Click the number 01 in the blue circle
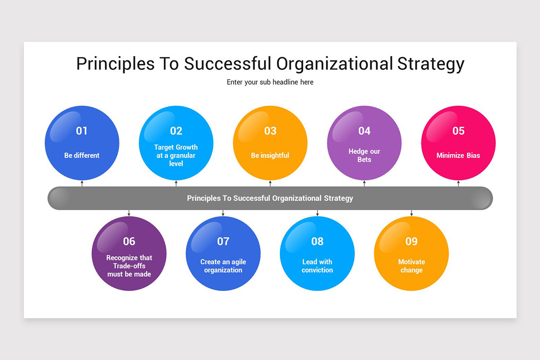[81, 131]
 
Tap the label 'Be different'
[82, 155]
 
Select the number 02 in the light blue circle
[176, 131]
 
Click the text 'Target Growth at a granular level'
[176, 155]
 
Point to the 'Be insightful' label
[270, 155]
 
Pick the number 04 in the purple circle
[364, 131]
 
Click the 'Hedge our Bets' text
[364, 155]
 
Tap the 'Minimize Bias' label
[458, 155]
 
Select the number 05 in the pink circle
[458, 131]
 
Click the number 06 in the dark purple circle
[129, 242]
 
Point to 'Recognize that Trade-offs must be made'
[129, 265]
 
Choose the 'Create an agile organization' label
[223, 265]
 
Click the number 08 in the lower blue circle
[317, 242]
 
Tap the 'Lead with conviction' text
[317, 265]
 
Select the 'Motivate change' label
[411, 265]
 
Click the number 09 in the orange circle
[411, 242]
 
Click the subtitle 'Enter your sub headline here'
[270, 82]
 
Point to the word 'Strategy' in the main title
[431, 64]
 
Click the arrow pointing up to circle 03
[270, 183]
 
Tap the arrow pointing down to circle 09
[411, 213]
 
